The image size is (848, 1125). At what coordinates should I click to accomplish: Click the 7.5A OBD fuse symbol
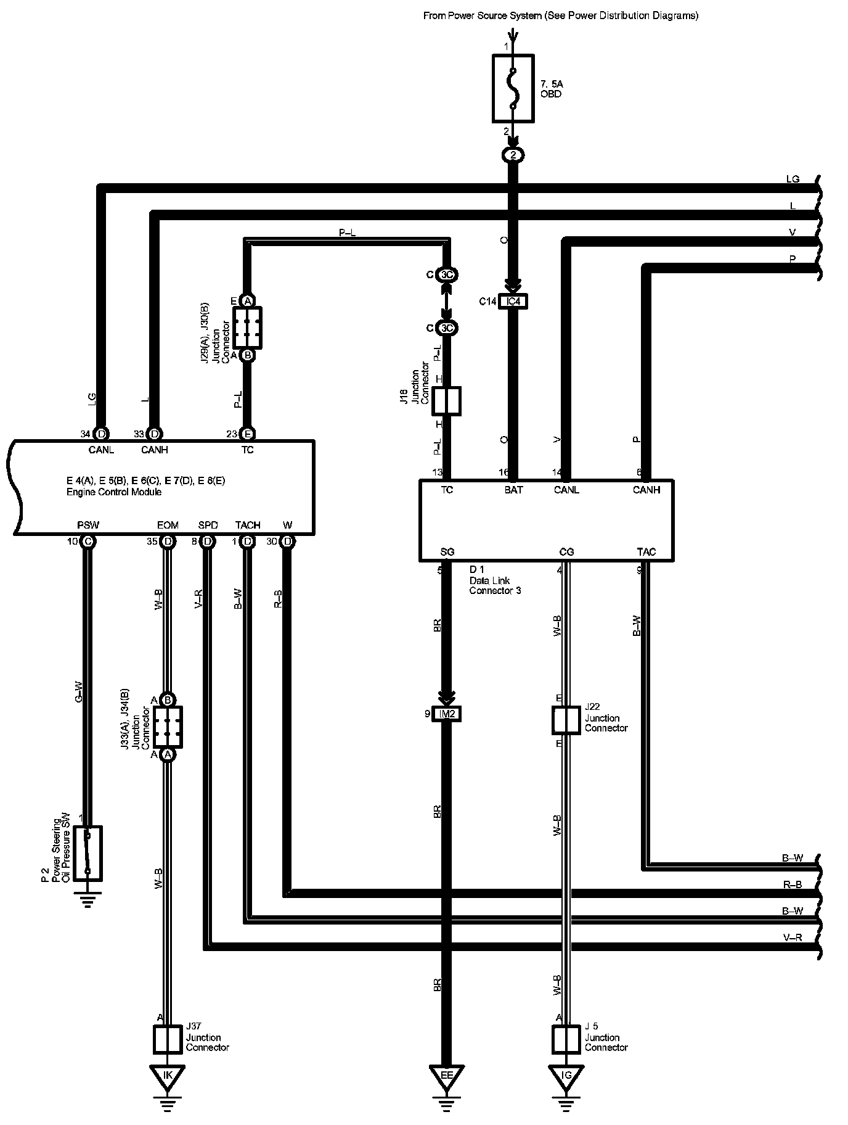[513, 88]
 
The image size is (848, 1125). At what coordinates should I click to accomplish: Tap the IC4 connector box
[513, 302]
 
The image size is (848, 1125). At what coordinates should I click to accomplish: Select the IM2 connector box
[447, 714]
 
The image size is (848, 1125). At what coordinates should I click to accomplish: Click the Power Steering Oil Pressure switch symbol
[88, 853]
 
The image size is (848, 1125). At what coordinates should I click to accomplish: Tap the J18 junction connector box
[447, 401]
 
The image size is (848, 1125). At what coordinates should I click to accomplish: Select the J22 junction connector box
[566, 720]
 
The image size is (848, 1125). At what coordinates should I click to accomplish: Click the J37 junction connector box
[167, 1039]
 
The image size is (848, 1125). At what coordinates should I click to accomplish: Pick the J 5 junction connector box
[566, 1039]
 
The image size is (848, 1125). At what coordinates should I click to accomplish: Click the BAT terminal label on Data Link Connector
[513, 490]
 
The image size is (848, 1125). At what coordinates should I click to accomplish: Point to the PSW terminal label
[88, 525]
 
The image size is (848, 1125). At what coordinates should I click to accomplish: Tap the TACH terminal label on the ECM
[248, 525]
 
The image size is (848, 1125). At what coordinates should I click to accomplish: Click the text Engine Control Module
[114, 492]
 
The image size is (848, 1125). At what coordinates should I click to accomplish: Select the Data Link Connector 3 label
[495, 585]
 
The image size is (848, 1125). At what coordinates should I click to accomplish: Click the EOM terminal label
[168, 525]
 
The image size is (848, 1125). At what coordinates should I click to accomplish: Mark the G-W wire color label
[78, 691]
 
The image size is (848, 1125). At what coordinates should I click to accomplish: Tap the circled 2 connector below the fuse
[513, 155]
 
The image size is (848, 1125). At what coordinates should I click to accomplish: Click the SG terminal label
[447, 552]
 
